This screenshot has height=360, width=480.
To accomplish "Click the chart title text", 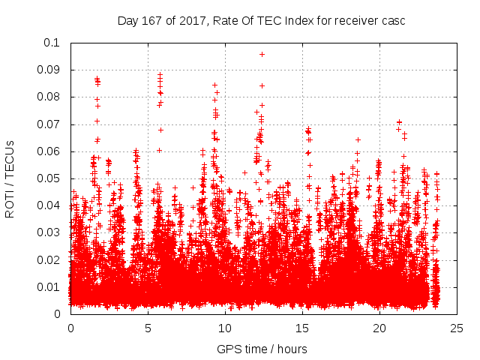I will (x=261, y=20).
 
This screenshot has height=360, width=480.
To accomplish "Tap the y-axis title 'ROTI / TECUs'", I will (x=10, y=178).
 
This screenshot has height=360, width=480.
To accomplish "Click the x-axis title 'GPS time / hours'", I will (x=261, y=349).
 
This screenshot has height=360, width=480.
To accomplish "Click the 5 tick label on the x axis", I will (x=148, y=328).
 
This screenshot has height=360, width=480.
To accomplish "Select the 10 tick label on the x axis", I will (x=226, y=328).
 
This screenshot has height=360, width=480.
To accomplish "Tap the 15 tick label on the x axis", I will (x=303, y=328).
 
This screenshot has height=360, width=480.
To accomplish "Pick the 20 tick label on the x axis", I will (x=380, y=328).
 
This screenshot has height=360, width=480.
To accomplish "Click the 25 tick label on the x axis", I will (x=457, y=328).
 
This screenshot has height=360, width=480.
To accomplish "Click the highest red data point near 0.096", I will (x=262, y=54).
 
